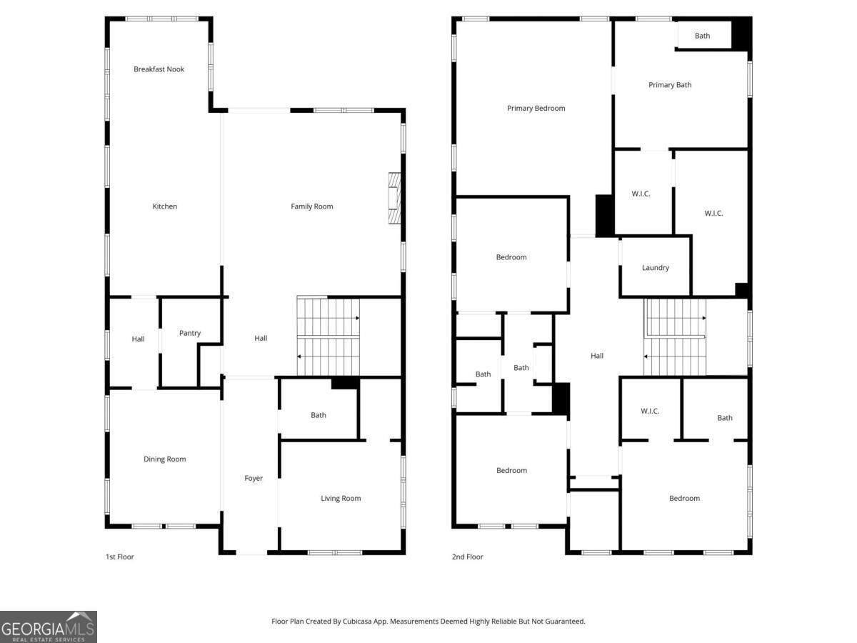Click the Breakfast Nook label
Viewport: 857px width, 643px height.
(159, 69)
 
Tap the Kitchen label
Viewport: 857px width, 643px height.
(164, 206)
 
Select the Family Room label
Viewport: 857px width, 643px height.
(311, 206)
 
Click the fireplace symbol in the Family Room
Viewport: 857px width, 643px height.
(394, 198)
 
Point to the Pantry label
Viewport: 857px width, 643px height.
(190, 333)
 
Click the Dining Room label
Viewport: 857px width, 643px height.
(164, 459)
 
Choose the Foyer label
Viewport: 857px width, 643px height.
(254, 478)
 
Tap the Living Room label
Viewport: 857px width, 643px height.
(341, 498)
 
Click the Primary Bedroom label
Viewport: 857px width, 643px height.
(536, 108)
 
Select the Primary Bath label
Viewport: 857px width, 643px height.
(670, 85)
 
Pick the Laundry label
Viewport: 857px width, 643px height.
(655, 268)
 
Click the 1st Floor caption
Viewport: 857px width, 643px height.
(119, 557)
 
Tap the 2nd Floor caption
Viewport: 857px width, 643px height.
(467, 557)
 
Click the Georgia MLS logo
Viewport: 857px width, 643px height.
(49, 627)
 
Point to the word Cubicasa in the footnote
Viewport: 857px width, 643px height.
(357, 621)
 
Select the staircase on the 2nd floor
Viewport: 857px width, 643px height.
(675, 337)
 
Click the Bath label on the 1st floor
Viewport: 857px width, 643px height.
(319, 415)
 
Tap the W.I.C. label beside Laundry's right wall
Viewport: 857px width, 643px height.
(713, 213)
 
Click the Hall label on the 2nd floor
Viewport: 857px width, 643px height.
(596, 356)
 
